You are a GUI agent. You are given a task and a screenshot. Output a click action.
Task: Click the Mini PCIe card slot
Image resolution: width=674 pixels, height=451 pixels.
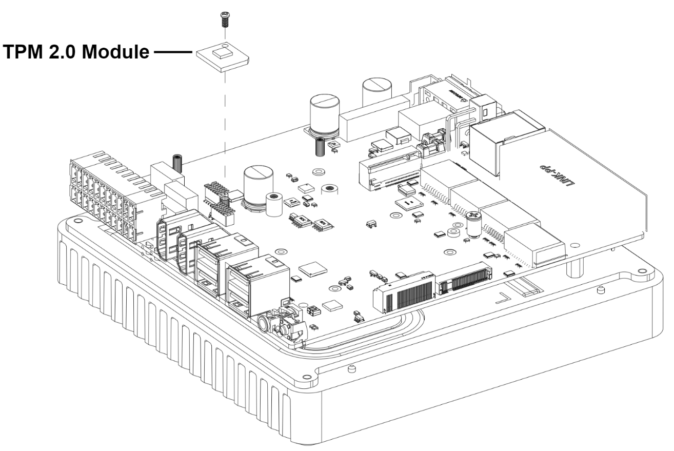(390, 167)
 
